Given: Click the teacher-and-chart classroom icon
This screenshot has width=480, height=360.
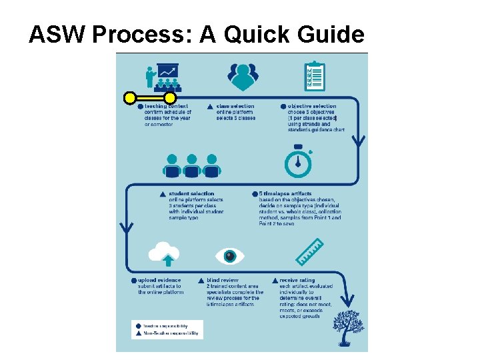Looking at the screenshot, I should [x=162, y=77].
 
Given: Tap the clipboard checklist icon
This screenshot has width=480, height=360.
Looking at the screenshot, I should [x=313, y=77].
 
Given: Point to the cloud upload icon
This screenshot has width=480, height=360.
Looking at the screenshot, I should [x=165, y=253].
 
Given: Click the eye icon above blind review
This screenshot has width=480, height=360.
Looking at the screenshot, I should [x=230, y=255].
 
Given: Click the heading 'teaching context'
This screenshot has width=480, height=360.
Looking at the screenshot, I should [x=165, y=106].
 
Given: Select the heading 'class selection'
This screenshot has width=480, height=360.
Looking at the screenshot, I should [x=235, y=106].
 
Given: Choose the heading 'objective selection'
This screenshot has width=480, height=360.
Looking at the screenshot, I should [x=312, y=106].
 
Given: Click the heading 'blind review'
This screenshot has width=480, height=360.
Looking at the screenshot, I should [x=222, y=281].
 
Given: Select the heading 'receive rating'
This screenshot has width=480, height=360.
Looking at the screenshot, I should [x=297, y=281].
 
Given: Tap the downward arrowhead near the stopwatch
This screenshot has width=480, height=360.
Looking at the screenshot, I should [x=359, y=142].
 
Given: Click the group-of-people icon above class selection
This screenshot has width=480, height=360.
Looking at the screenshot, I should [x=243, y=77].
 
